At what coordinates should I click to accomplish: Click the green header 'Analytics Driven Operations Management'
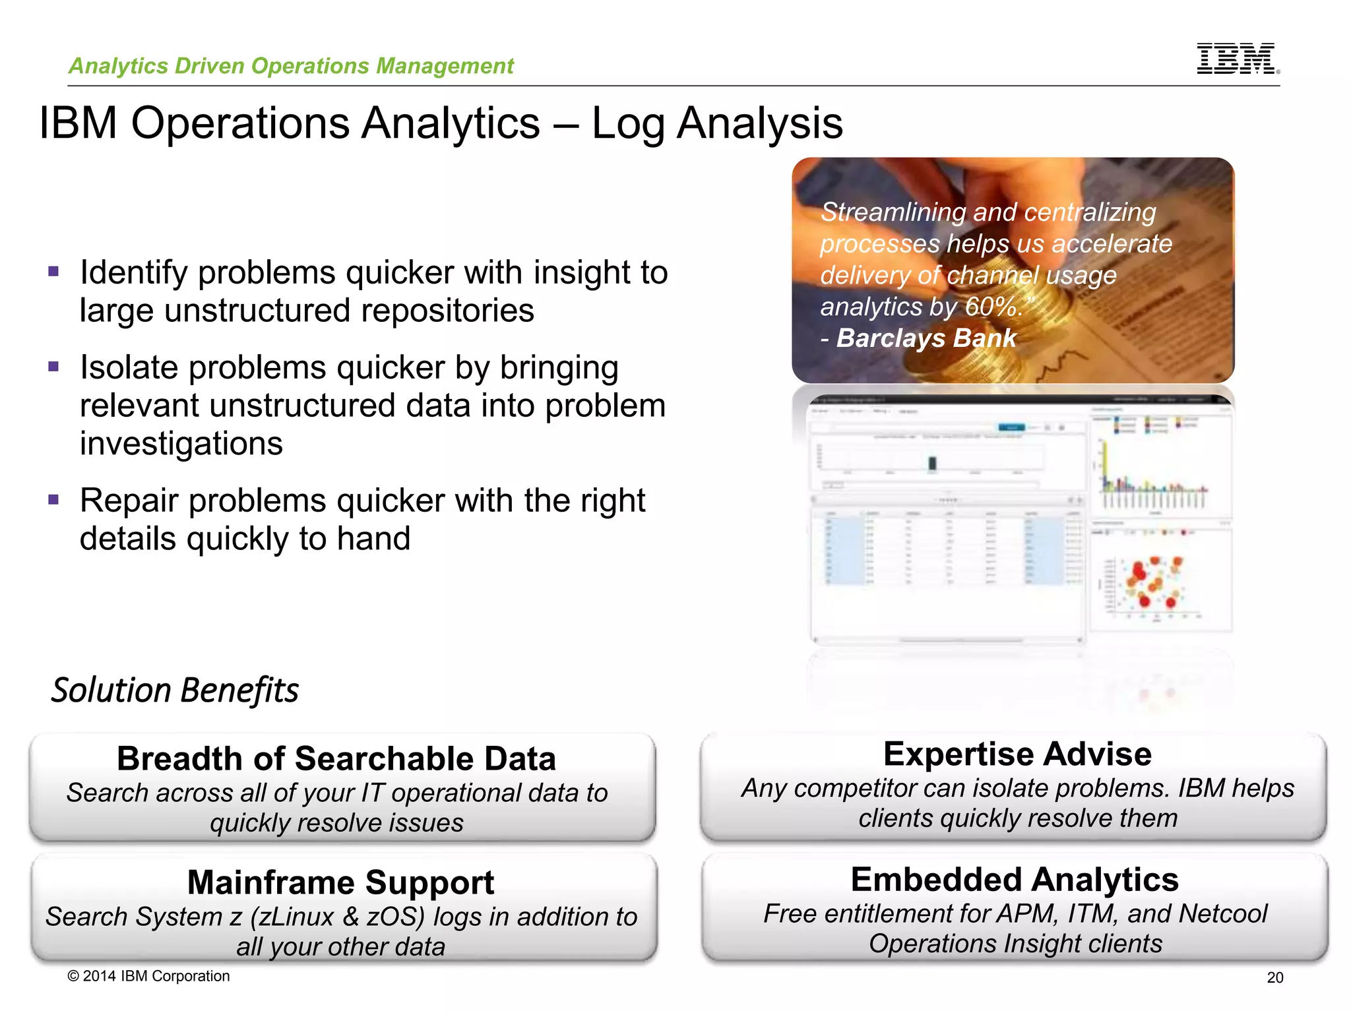tap(291, 66)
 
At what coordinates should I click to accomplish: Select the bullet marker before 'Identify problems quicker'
tap(53, 271)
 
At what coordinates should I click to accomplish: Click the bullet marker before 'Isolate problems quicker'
tap(53, 366)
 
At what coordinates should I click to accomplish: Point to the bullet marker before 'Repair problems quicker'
tap(53, 499)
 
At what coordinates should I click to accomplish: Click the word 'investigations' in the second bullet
tap(181, 443)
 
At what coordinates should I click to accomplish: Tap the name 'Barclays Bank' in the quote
tap(926, 338)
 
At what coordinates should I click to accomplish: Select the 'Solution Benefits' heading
tap(175, 691)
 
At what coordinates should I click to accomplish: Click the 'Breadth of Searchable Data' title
tap(336, 758)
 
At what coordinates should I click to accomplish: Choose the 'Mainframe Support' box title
tap(340, 882)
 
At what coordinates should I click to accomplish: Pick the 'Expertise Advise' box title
tap(1017, 754)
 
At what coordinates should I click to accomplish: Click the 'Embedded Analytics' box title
tap(1015, 879)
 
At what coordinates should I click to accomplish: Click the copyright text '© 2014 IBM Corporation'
tap(148, 976)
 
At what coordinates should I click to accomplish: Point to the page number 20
tap(1274, 978)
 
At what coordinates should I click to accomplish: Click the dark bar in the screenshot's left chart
tap(932, 463)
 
